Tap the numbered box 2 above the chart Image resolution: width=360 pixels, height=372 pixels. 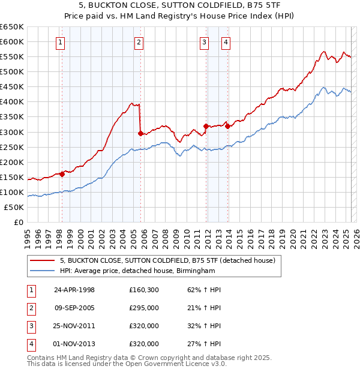[139, 42]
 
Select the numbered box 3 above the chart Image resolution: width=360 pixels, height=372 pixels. [205, 42]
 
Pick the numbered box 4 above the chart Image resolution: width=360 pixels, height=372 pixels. [226, 42]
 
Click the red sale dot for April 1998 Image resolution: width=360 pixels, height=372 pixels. [62, 174]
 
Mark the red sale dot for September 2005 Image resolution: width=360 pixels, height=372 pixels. [140, 133]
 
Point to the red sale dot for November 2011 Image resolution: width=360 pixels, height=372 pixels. [206, 126]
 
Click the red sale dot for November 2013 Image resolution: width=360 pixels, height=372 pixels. [227, 126]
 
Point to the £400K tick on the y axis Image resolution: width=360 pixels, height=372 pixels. [13, 101]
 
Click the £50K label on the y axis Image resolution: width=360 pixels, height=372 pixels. [13, 207]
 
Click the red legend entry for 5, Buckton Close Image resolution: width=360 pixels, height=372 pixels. [167, 260]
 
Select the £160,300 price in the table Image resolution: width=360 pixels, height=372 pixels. [144, 290]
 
